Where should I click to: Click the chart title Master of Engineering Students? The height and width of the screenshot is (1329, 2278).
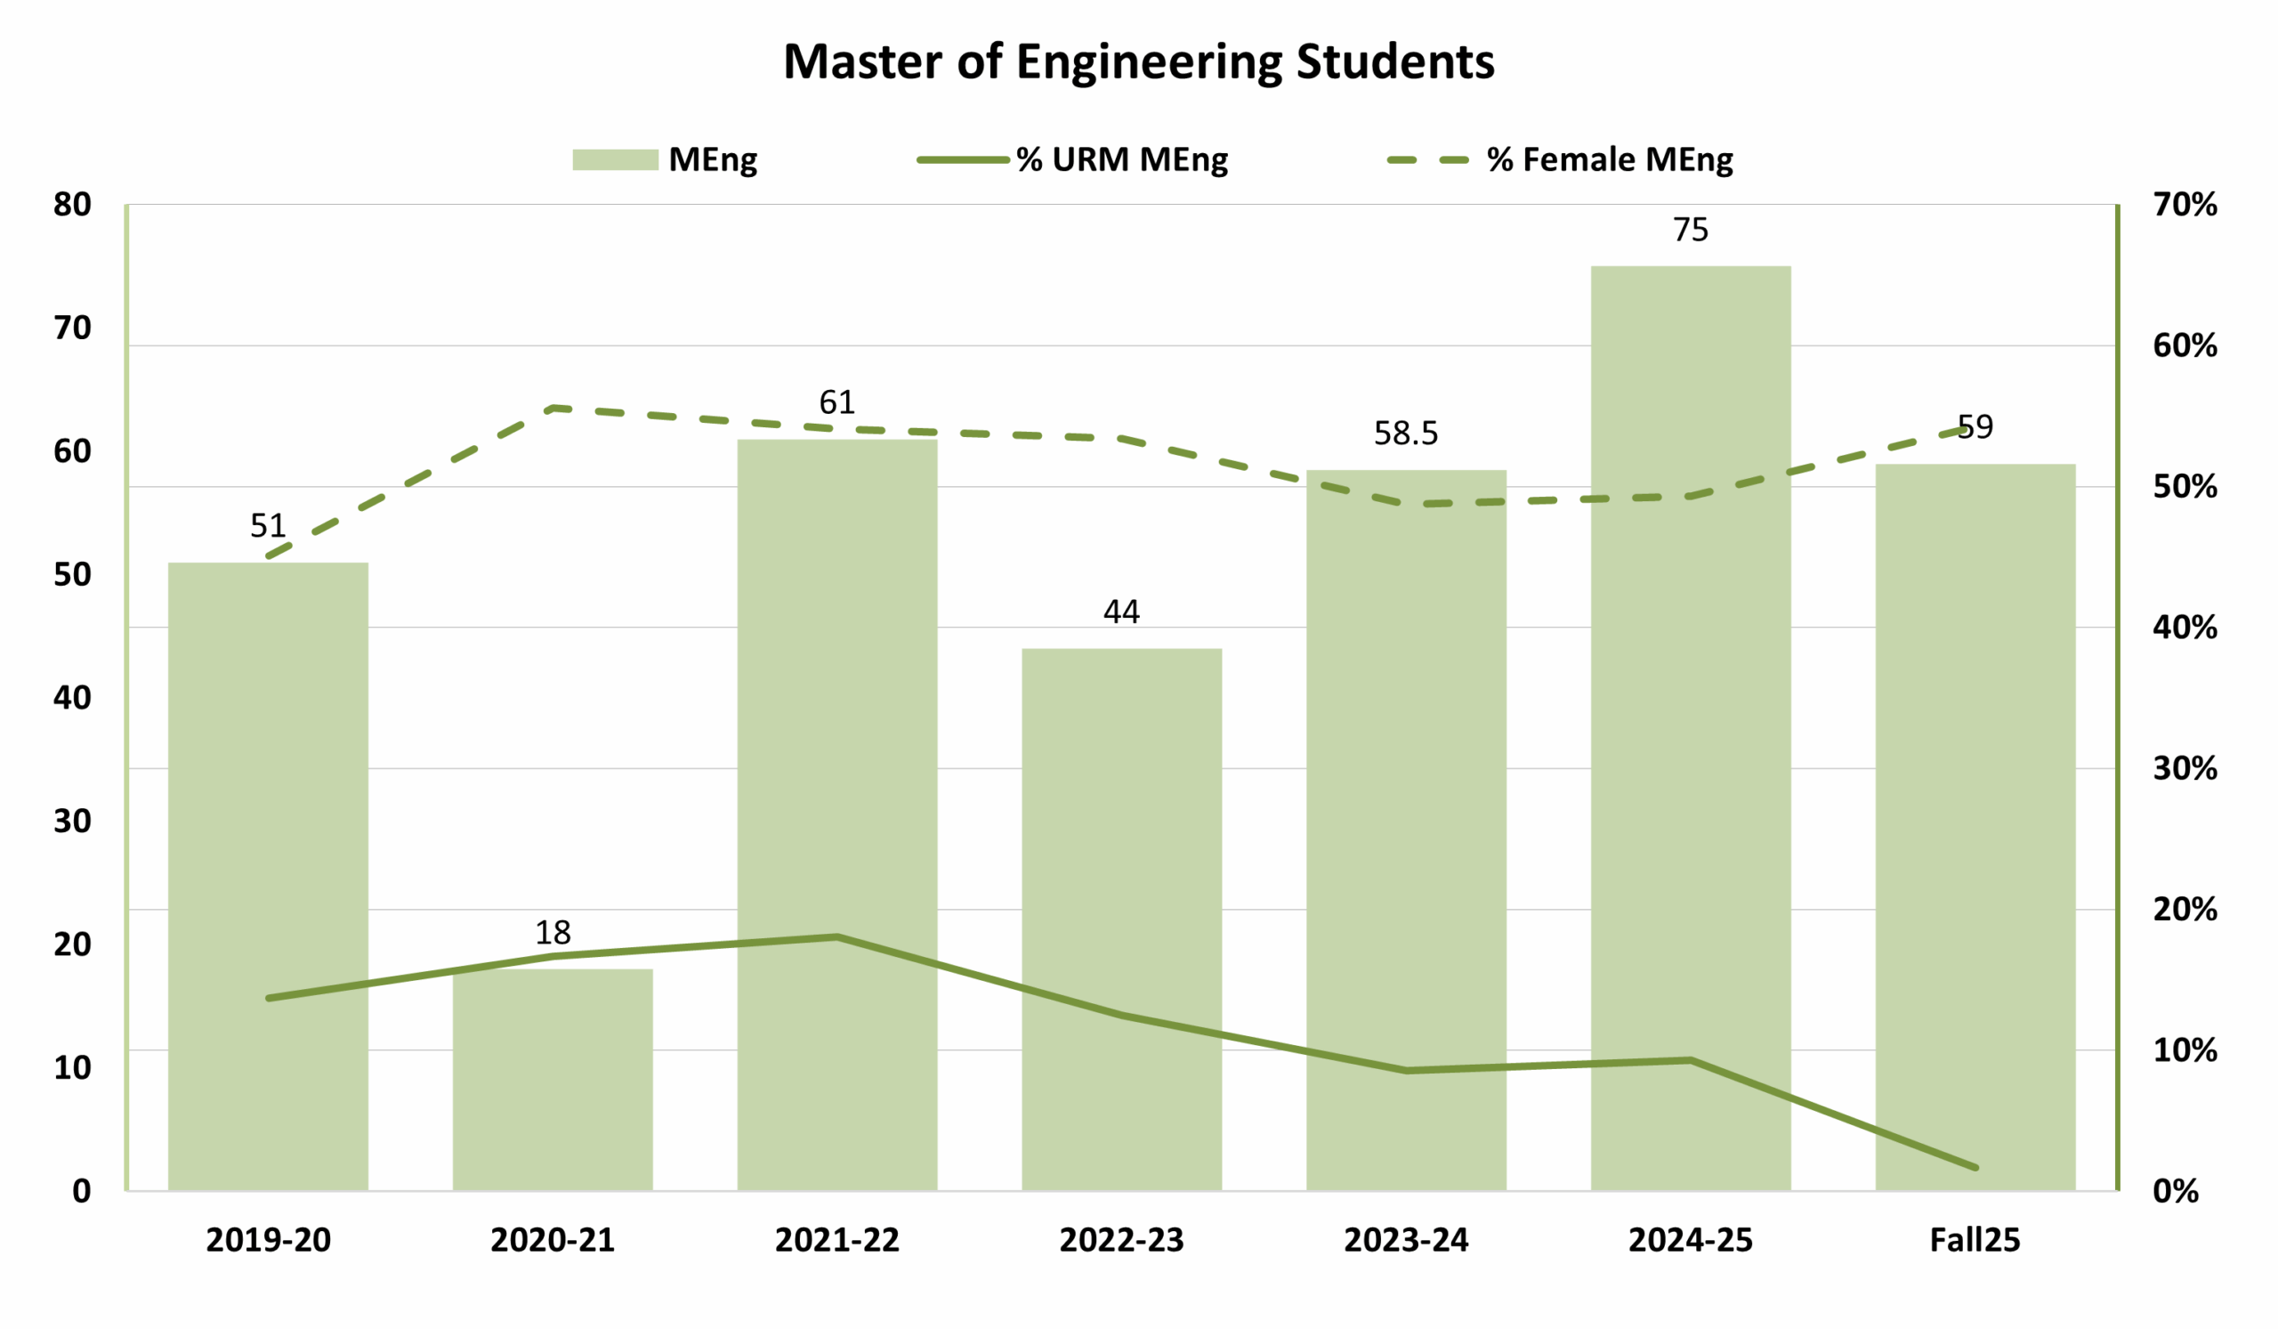[x=1138, y=61]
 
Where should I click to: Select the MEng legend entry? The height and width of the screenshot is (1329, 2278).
[x=666, y=160]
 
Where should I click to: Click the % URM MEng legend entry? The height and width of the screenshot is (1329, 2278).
[x=1073, y=160]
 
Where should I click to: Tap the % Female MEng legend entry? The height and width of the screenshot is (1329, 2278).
[x=1560, y=160]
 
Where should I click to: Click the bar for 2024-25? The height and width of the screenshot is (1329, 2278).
[x=1691, y=724]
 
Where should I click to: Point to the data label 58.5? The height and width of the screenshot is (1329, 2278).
[x=1406, y=434]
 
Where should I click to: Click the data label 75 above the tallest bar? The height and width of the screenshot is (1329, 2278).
[x=1691, y=231]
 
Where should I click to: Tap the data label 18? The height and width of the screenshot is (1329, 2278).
[x=553, y=932]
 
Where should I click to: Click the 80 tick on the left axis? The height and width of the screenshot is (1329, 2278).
[x=72, y=206]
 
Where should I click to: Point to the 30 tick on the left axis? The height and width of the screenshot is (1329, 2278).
[x=72, y=821]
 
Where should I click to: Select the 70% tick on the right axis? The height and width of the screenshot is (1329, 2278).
[x=2184, y=206]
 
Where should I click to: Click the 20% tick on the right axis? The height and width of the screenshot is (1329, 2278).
[x=2184, y=910]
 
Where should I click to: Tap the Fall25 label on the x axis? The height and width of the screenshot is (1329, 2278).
[x=1975, y=1239]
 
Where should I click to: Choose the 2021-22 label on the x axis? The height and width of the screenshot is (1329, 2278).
[x=837, y=1239]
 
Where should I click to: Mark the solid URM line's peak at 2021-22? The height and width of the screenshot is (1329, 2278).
[x=837, y=937]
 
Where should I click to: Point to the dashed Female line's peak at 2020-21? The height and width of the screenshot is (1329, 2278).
[x=554, y=408]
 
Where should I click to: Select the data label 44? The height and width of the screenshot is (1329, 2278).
[x=1121, y=612]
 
